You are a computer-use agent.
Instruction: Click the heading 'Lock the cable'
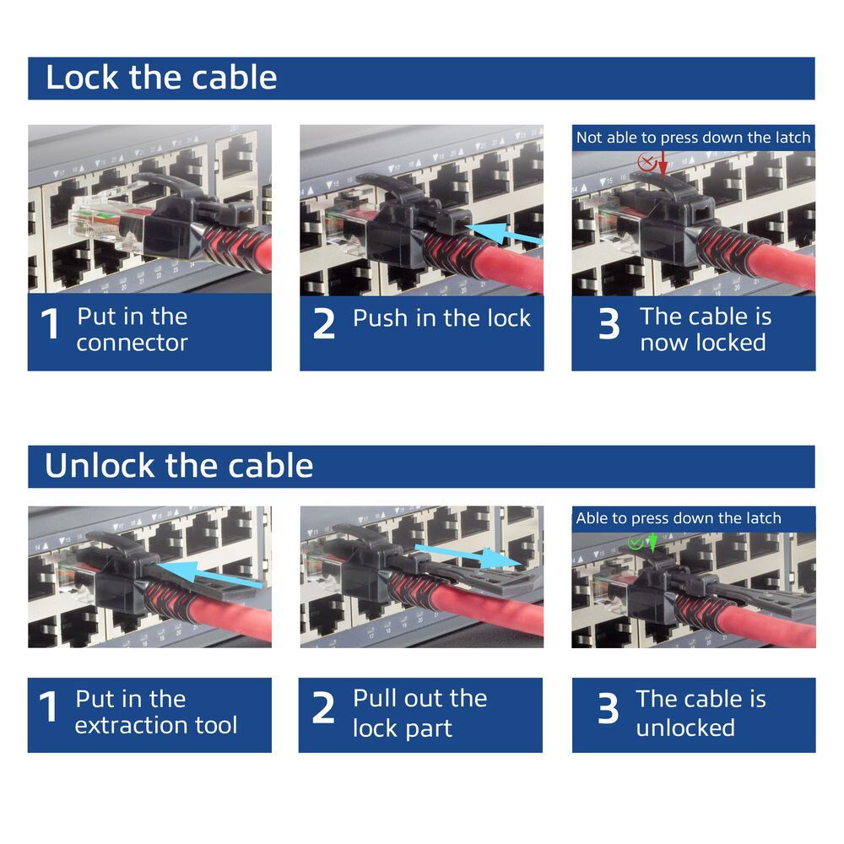pos(160,78)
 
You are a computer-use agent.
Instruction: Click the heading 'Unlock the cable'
pos(179,466)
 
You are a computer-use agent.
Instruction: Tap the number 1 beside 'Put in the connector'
pos(51,325)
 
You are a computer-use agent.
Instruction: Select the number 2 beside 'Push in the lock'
pos(324,325)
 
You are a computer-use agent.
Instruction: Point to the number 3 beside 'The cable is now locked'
pos(609,325)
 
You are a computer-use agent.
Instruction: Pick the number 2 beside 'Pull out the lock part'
pos(324,709)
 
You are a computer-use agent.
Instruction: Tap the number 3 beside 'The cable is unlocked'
pos(609,709)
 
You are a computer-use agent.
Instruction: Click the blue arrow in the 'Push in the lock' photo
pos(504,234)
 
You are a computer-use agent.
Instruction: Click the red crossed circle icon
pos(647,161)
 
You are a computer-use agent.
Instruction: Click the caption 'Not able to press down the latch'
pos(693,138)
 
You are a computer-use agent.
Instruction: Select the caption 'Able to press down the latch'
pos(679,518)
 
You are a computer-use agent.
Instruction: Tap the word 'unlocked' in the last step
pos(684,728)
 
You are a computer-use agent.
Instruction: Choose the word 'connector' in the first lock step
pos(133,343)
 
